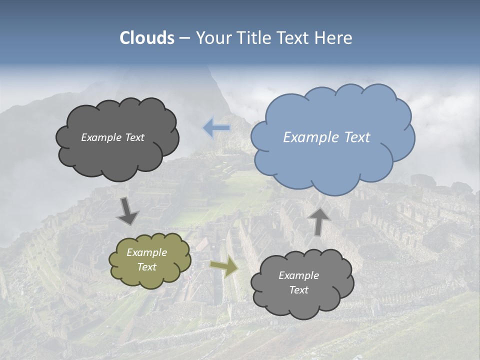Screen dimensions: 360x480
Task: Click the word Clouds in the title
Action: point(147,38)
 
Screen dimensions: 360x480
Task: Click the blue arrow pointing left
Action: point(216,128)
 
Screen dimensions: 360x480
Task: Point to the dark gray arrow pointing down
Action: point(127,211)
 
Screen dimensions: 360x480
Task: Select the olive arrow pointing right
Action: point(224,267)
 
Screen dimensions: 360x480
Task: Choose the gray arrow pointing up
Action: point(318,220)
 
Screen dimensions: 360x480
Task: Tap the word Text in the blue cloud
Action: point(357,137)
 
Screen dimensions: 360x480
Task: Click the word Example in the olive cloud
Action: point(147,252)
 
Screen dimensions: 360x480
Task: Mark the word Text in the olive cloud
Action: point(147,267)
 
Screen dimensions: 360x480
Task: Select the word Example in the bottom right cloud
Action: point(298,275)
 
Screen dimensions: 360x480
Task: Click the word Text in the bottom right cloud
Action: point(298,290)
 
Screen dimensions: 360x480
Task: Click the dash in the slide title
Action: point(184,38)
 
